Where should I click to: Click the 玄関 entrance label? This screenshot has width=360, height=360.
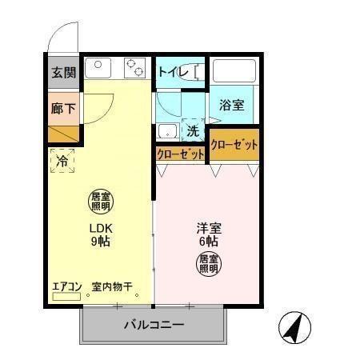pos(64,73)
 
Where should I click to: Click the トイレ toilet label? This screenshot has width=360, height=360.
pos(173,73)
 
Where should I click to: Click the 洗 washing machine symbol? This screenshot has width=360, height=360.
pos(193,130)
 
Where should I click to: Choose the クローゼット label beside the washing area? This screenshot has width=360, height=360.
pos(179,154)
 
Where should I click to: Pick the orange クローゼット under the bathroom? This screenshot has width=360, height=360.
pos(234,145)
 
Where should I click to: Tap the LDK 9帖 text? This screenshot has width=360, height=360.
pos(99,234)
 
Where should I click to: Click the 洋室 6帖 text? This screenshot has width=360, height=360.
pos(208,234)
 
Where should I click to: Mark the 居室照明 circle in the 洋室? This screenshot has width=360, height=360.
pos(209,263)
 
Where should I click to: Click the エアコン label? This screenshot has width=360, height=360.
pos(67,286)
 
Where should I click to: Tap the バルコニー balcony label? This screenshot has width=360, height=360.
pos(154,326)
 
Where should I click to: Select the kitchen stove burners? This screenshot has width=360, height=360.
pos(134,67)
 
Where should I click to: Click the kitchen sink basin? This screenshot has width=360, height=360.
pos(98,66)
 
